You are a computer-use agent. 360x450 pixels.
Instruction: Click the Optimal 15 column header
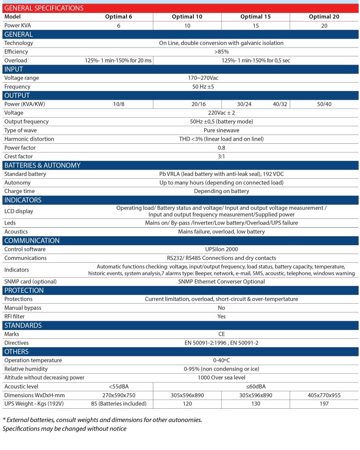tap(255, 17)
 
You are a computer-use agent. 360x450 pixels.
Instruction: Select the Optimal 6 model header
tap(118, 17)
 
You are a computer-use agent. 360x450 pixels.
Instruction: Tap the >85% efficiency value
tap(221, 52)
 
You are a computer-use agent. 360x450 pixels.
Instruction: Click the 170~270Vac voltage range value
tap(204, 78)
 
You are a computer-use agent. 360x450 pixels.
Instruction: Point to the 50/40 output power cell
tap(324, 104)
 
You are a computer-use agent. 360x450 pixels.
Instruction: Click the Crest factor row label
tap(18, 156)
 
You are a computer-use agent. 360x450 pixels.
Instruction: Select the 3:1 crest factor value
tap(221, 156)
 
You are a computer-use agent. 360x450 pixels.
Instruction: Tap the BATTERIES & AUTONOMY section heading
tap(42, 165)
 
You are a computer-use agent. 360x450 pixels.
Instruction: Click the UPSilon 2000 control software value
tap(221, 249)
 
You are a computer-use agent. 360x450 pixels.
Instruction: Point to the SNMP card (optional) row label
tap(30, 282)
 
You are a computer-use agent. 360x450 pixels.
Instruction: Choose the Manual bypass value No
tap(222, 308)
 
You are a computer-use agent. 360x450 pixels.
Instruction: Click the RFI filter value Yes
tap(222, 316)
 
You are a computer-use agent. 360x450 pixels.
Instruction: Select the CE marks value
tap(222, 334)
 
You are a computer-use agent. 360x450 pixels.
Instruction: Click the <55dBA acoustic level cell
tap(118, 386)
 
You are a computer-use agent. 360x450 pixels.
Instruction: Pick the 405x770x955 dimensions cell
tap(324, 395)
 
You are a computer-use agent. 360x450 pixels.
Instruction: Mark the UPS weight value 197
tap(324, 403)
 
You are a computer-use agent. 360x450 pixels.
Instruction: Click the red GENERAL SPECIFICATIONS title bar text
tap(44, 8)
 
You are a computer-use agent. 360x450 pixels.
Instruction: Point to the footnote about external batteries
tap(102, 420)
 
